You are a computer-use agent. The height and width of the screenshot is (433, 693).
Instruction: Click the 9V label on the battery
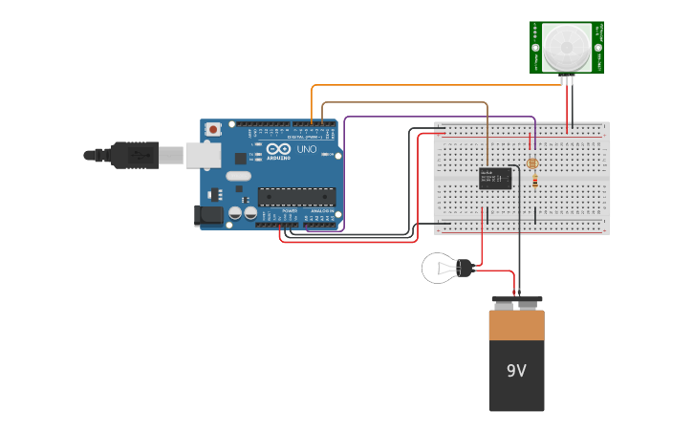516,370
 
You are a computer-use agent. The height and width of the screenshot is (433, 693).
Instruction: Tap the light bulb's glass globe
439,268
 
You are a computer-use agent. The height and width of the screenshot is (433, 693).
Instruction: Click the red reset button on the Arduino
213,128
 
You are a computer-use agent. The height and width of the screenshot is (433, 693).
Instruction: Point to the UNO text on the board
307,150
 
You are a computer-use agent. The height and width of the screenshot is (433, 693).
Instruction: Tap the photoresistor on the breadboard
531,163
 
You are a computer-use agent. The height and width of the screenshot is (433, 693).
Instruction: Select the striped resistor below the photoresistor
534,180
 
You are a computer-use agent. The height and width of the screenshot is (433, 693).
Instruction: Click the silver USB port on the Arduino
203,155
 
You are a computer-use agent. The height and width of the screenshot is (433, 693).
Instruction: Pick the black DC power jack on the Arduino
208,217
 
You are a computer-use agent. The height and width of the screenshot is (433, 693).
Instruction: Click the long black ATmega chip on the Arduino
296,196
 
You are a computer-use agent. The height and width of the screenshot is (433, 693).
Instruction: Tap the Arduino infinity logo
278,149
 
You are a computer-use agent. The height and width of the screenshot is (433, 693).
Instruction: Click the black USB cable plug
134,155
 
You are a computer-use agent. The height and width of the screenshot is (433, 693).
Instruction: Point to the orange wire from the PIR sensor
430,86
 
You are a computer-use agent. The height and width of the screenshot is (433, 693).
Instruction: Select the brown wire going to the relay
401,102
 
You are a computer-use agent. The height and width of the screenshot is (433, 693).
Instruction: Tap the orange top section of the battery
516,325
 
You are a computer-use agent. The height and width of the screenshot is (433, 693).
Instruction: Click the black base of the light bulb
466,269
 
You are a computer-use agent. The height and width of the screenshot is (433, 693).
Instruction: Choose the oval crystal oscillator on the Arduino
238,176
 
